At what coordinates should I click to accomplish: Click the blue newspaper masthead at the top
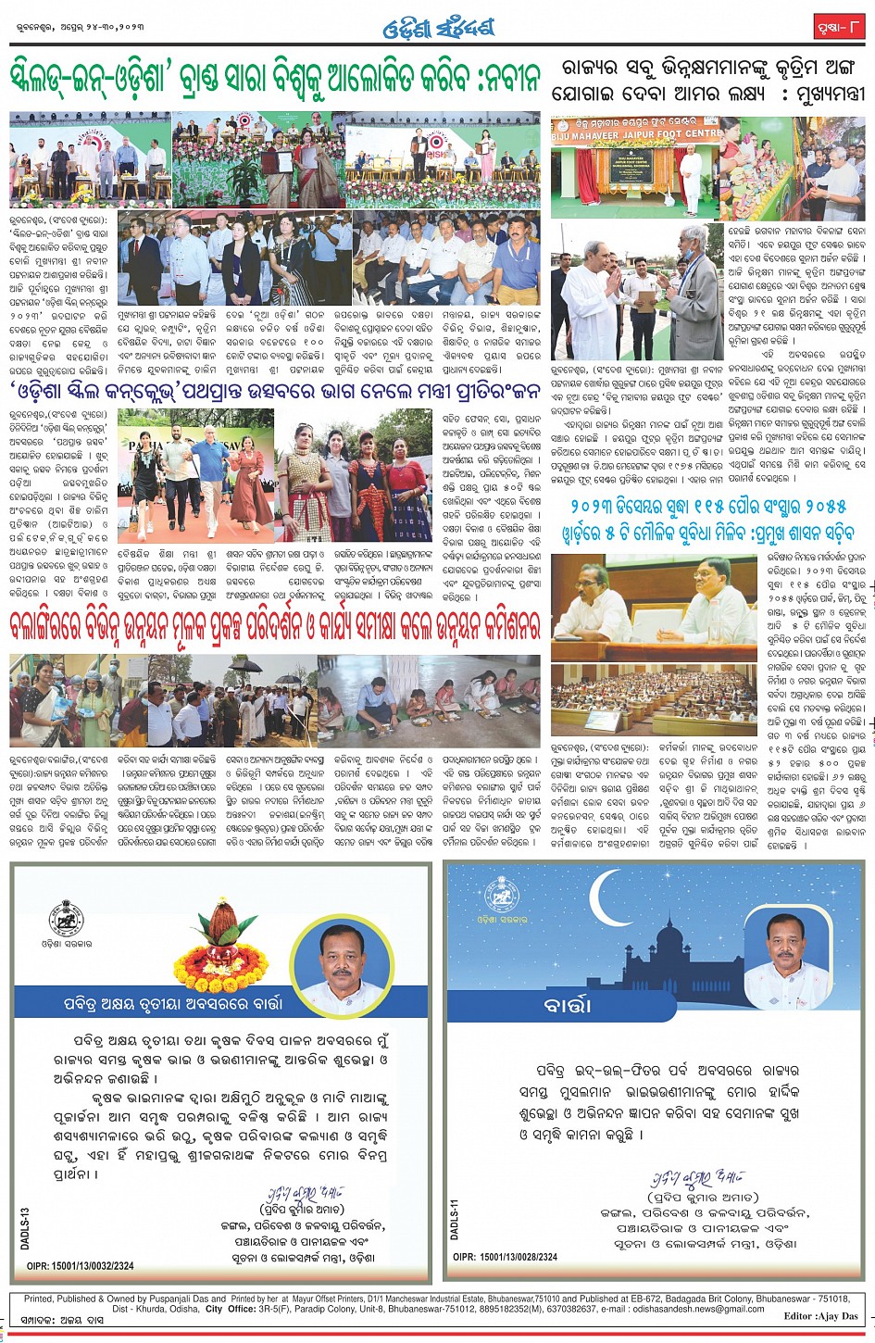438,29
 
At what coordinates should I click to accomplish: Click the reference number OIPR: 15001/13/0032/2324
81,1265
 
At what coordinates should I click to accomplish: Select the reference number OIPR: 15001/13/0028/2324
506,1257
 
